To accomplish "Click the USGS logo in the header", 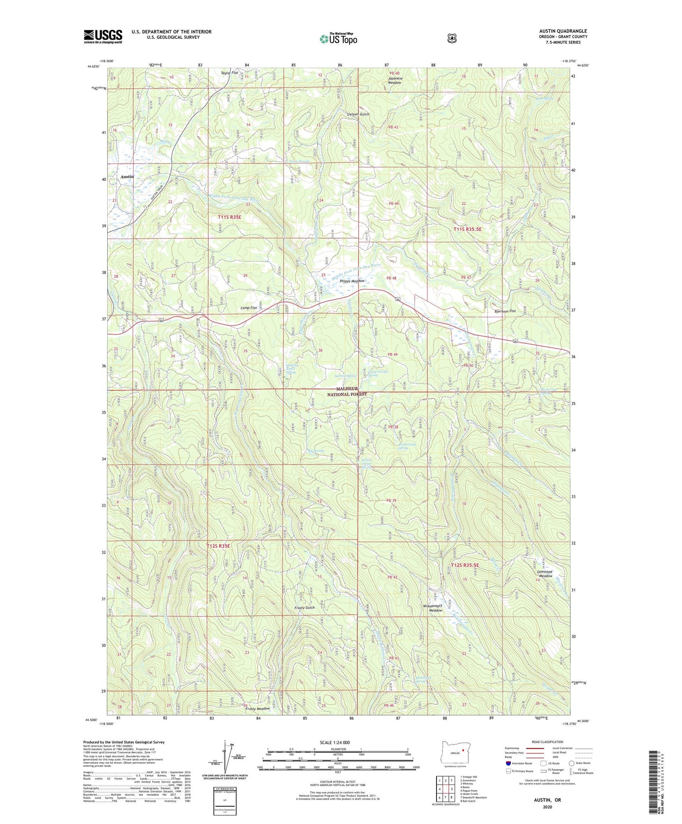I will pyautogui.click(x=103, y=36).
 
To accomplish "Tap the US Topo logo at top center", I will pyautogui.click(x=338, y=39).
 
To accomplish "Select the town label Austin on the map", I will pyautogui.click(x=127, y=176).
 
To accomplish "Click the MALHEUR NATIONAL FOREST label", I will pyautogui.click(x=347, y=392).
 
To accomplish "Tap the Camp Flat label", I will pyautogui.click(x=249, y=308).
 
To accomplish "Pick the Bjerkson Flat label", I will pyautogui.click(x=505, y=311).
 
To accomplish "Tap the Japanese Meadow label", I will pyautogui.click(x=395, y=80).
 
